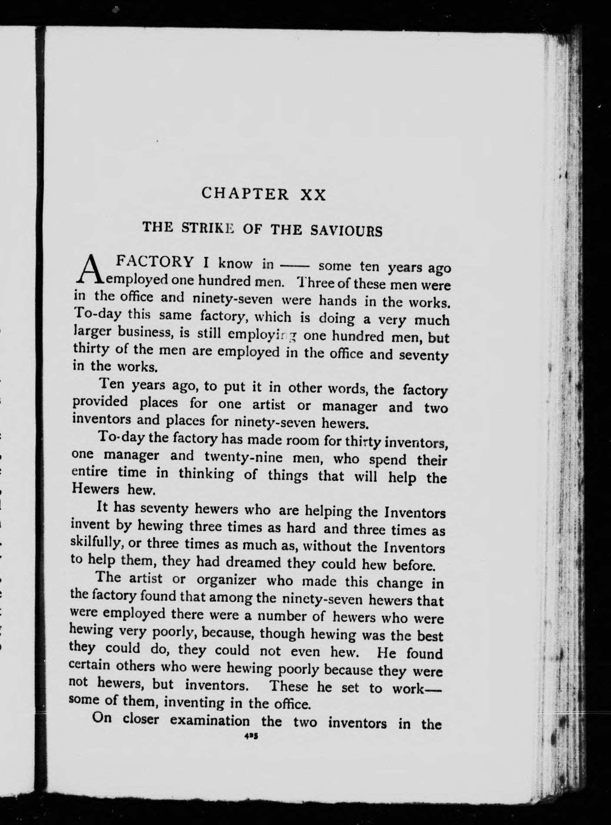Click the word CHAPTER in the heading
[x=245, y=193]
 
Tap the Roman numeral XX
[x=313, y=195]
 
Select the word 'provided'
[x=100, y=402]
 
